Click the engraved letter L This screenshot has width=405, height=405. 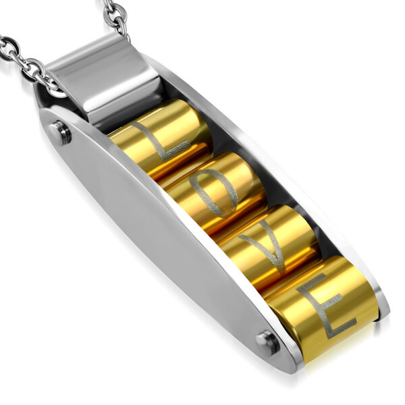coord(159,145)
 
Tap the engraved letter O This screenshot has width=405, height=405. coord(213,194)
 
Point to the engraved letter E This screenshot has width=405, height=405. coord(326,305)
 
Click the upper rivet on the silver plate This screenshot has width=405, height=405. coord(61,133)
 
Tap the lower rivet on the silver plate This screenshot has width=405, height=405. coord(268,342)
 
